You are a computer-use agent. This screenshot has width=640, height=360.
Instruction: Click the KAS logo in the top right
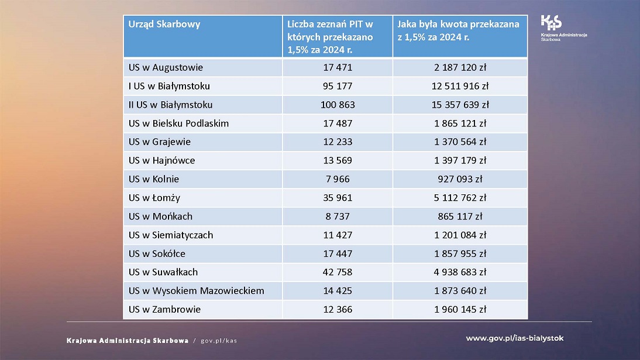coord(551,23)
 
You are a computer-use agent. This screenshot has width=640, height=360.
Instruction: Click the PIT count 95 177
coord(338,86)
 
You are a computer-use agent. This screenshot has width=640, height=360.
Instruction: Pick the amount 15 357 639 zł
coord(460,105)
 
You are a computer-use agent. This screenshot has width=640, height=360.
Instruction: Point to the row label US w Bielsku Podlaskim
coord(178,124)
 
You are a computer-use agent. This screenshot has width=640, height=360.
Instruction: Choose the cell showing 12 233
coord(338,142)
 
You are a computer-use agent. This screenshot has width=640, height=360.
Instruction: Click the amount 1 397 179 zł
coord(460,160)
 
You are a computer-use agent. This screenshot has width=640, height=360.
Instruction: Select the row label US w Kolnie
coord(154,179)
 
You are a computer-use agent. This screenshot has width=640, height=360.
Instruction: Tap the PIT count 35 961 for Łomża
coord(338,198)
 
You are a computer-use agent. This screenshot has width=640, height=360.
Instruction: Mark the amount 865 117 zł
coord(460,216)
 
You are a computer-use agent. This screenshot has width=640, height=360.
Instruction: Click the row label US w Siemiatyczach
coord(171,235)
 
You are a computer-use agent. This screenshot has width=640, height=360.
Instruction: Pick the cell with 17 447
coord(338,253)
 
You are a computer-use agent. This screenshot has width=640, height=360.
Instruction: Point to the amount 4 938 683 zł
coord(460,272)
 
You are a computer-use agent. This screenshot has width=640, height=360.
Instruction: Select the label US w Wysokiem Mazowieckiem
coord(196,290)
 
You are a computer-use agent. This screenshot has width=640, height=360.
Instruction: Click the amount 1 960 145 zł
coord(460,309)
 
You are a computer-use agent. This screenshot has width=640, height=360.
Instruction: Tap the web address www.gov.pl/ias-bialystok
coord(515,338)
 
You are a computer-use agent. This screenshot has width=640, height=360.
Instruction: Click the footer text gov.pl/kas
coord(219,341)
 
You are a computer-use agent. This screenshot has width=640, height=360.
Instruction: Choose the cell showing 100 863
coord(338,105)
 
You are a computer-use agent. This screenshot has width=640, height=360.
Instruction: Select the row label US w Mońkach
coord(160,216)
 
